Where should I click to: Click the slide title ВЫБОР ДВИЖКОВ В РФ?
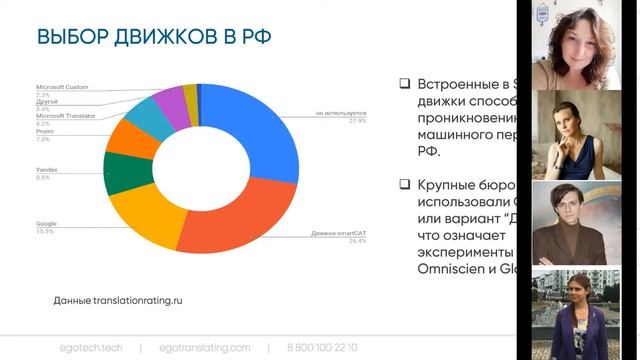coord(156,38)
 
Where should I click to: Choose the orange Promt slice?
coord(131,141)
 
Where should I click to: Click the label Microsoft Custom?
coord(62,88)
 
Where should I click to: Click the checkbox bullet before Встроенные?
coord(404,84)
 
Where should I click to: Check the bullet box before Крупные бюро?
coord(404,184)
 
